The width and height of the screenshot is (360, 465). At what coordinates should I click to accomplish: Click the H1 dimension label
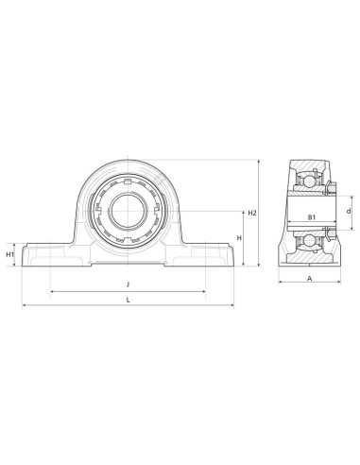(x=10, y=254)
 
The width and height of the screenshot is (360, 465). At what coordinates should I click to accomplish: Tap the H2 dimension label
(x=252, y=213)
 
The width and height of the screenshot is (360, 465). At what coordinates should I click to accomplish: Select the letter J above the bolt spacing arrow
(x=128, y=284)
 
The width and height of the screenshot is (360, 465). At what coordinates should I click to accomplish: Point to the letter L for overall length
(x=129, y=301)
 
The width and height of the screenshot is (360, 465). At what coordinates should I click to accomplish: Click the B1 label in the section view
(x=312, y=217)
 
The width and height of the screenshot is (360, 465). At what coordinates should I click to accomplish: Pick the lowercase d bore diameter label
(x=349, y=211)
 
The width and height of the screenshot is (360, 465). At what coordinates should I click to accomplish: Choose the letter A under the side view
(x=310, y=278)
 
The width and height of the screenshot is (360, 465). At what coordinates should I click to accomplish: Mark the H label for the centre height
(x=239, y=238)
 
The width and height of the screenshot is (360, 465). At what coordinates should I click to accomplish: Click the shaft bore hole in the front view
(x=128, y=211)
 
